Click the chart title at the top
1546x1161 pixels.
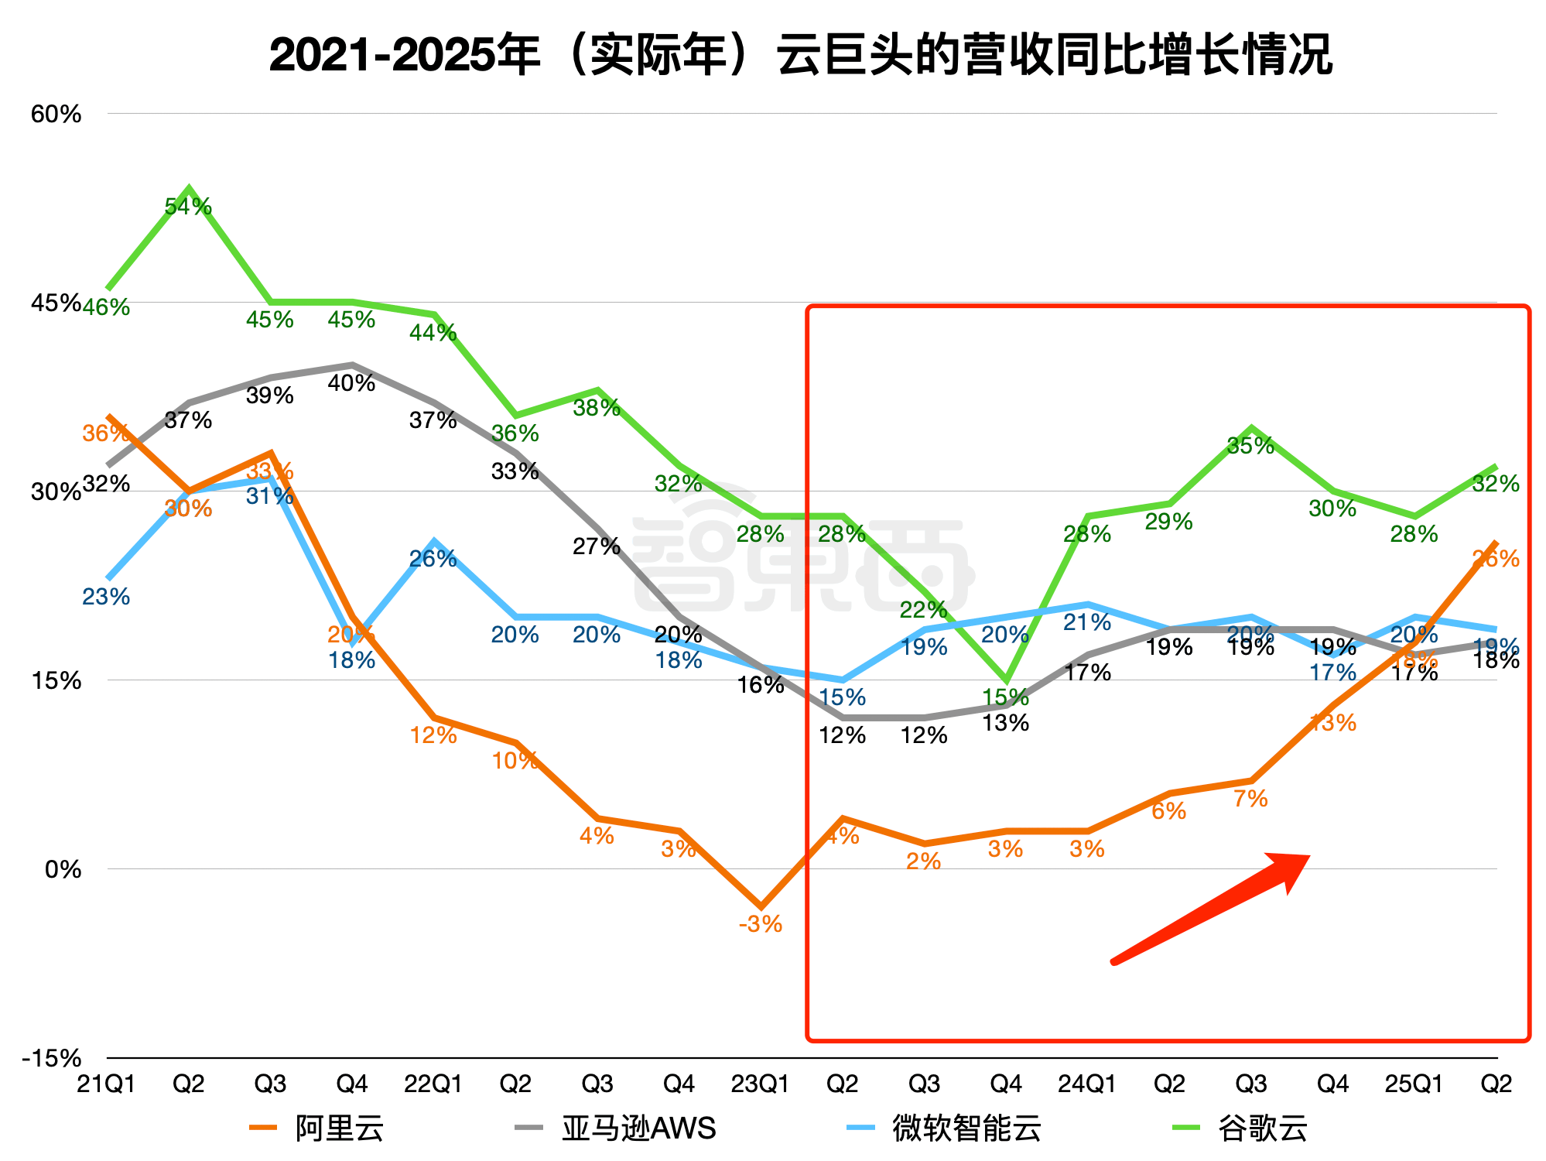pyautogui.click(x=801, y=56)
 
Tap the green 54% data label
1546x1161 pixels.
pyautogui.click(x=188, y=207)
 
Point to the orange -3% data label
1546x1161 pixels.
pyautogui.click(x=761, y=924)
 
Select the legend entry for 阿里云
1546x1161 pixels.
pyautogui.click(x=317, y=1128)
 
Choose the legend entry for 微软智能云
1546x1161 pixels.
pyautogui.click(x=946, y=1128)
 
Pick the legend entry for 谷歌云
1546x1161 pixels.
pyautogui.click(x=1241, y=1128)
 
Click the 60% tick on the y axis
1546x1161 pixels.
pyautogui.click(x=56, y=115)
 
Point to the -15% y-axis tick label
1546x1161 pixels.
pyautogui.click(x=52, y=1058)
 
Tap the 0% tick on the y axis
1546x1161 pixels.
pyautogui.click(x=63, y=869)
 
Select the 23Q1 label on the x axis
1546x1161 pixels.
pyautogui.click(x=760, y=1084)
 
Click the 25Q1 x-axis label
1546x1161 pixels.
pyautogui.click(x=1414, y=1084)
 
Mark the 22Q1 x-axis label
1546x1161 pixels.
pyautogui.click(x=433, y=1084)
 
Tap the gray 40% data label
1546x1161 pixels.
pyautogui.click(x=352, y=383)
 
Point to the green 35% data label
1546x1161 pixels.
pyautogui.click(x=1251, y=446)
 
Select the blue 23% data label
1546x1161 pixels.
pyautogui.click(x=106, y=597)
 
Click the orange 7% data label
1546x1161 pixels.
pyautogui.click(x=1251, y=799)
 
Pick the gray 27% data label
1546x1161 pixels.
pyautogui.click(x=597, y=547)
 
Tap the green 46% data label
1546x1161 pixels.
pyautogui.click(x=107, y=307)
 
